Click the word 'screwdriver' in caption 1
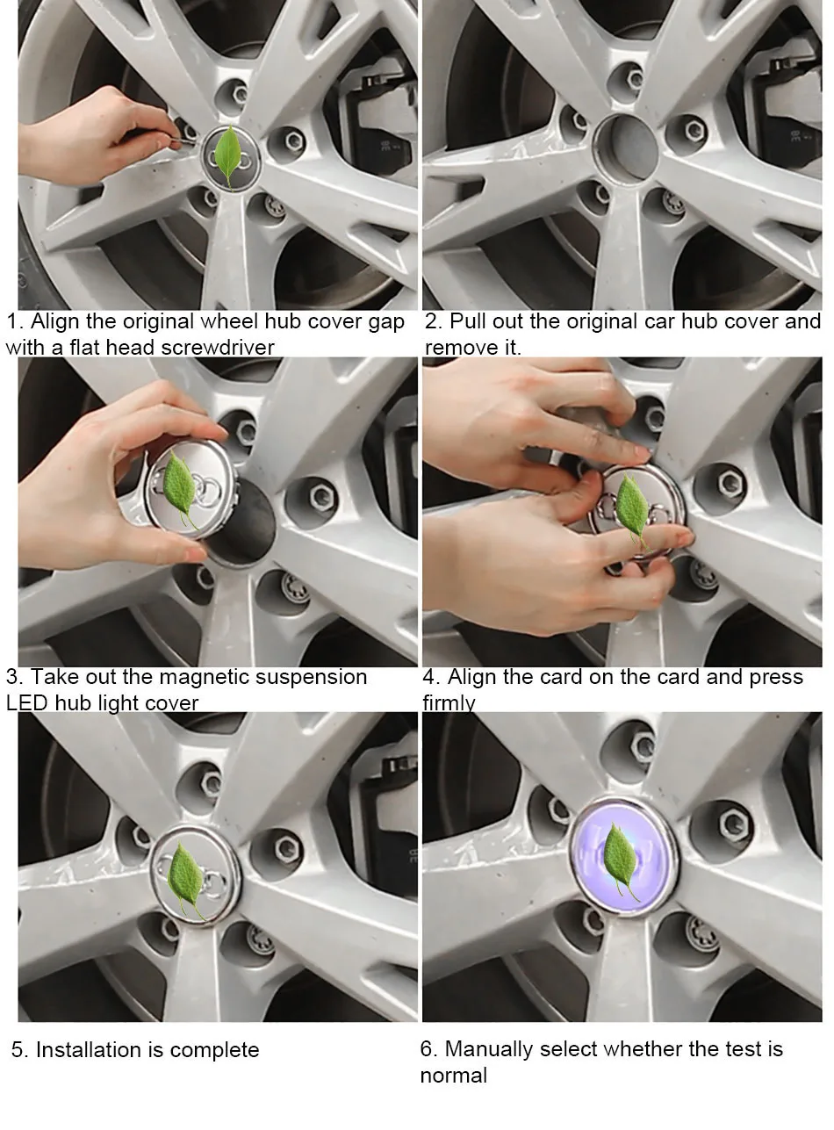coord(218,348)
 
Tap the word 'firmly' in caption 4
coord(449,703)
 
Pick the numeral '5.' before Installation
coord(20,1050)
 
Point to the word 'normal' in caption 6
coord(453,1076)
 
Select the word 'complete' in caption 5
coord(214,1051)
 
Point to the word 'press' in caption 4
coord(775,678)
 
